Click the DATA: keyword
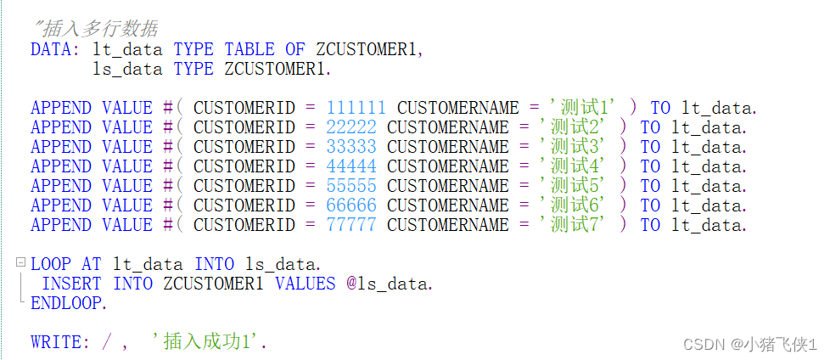[x=55, y=49]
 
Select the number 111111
[x=356, y=108]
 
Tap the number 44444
[x=351, y=166]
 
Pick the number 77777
[x=351, y=225]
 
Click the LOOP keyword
[x=51, y=264]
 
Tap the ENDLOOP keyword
[x=69, y=303]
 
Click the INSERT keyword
[x=71, y=284]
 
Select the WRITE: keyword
[x=60, y=342]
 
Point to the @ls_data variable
[x=390, y=284]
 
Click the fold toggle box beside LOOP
[x=20, y=263]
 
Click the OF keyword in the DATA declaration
[x=294, y=49]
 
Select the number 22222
[x=351, y=127]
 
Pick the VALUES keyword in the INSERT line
[x=305, y=284]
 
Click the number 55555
[x=351, y=186]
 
